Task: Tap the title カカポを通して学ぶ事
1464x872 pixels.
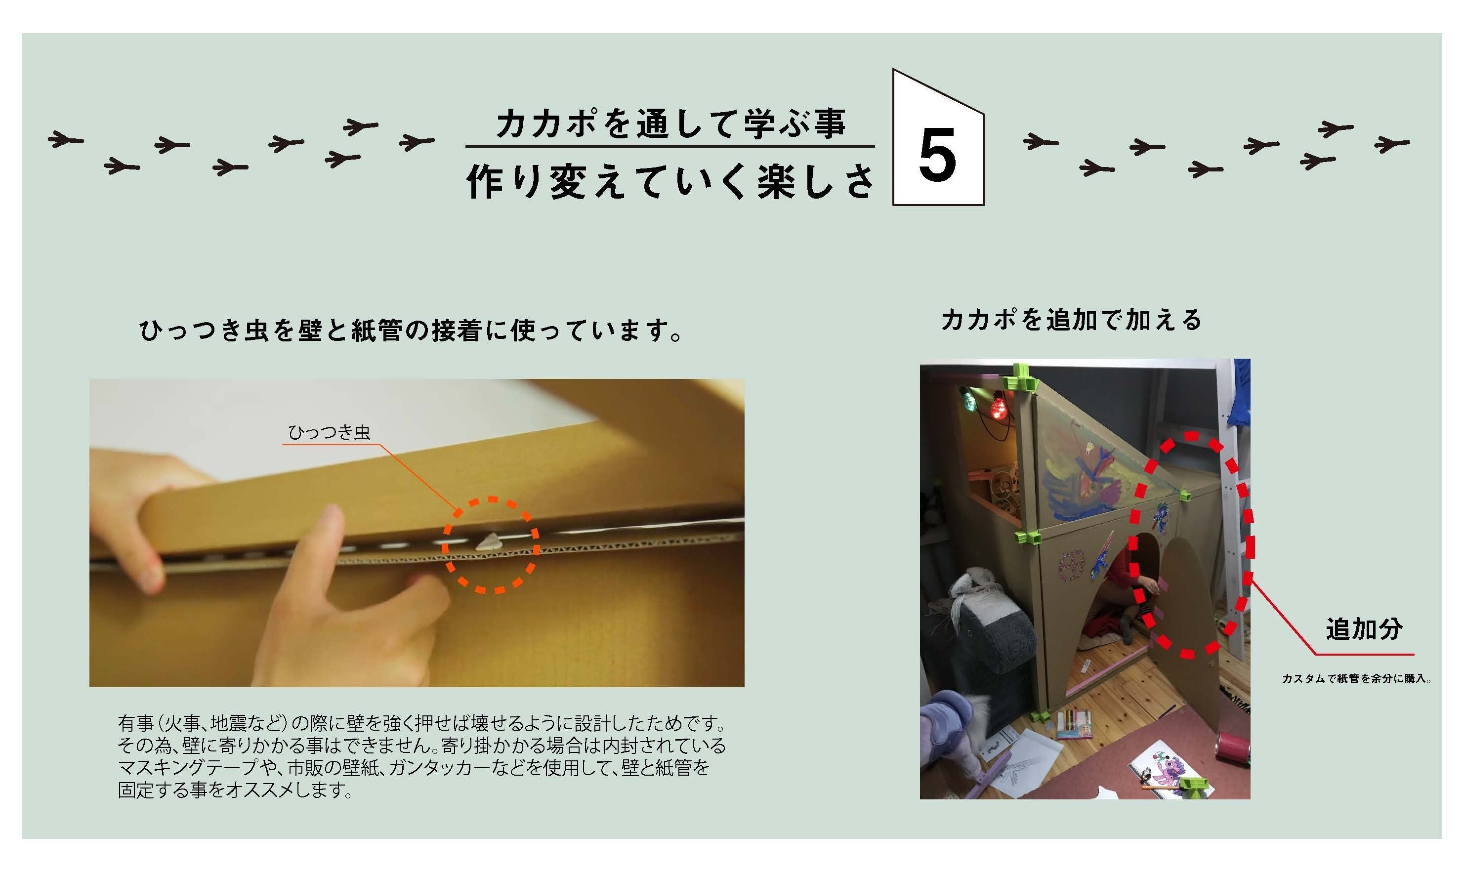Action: coord(671,124)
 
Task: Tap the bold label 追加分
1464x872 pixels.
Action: coord(1364,629)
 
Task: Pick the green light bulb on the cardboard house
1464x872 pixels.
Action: coord(967,400)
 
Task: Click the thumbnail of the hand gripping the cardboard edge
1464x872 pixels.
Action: coord(417,533)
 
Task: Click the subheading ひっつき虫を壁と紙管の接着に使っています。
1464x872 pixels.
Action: coord(411,331)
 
